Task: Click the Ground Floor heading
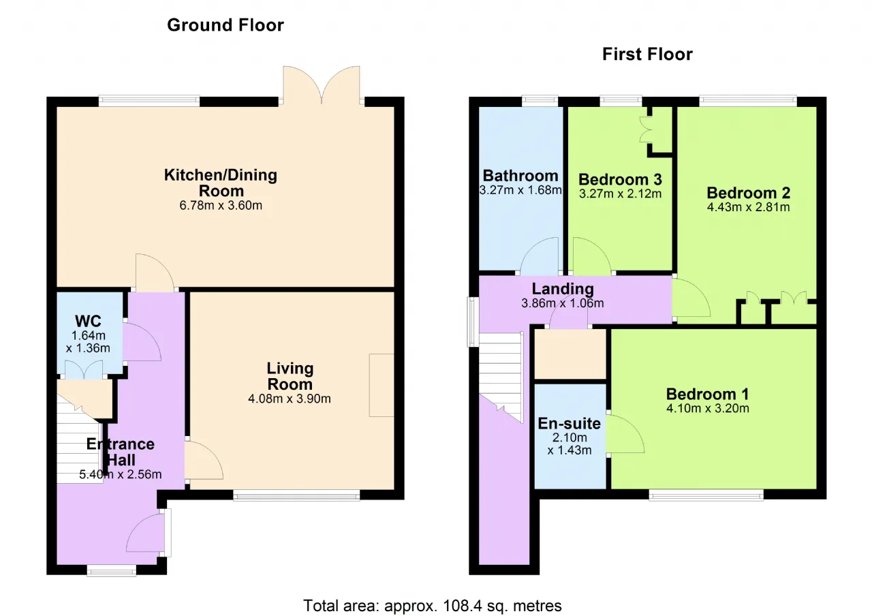point(225,25)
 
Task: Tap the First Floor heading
point(647,54)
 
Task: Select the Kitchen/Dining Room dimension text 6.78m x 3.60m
point(221,205)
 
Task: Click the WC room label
point(88,321)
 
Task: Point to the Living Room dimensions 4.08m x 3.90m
point(290,399)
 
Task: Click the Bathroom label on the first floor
point(520,176)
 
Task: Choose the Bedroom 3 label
point(620,179)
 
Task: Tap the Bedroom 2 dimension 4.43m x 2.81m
point(748,206)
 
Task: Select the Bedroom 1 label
point(707,394)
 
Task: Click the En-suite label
point(569,423)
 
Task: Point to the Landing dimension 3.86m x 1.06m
point(563,303)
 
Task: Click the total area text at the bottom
point(433,606)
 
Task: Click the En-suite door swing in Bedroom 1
point(625,433)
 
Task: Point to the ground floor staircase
point(80,440)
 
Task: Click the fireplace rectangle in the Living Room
point(381,385)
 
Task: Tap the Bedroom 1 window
point(706,495)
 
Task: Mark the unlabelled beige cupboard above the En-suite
point(570,354)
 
